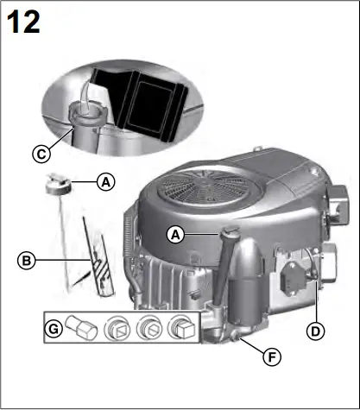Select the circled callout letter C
(x=40, y=155)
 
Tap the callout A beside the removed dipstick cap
(x=105, y=182)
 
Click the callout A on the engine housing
(x=175, y=234)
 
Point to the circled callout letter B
(x=28, y=259)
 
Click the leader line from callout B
(x=60, y=259)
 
